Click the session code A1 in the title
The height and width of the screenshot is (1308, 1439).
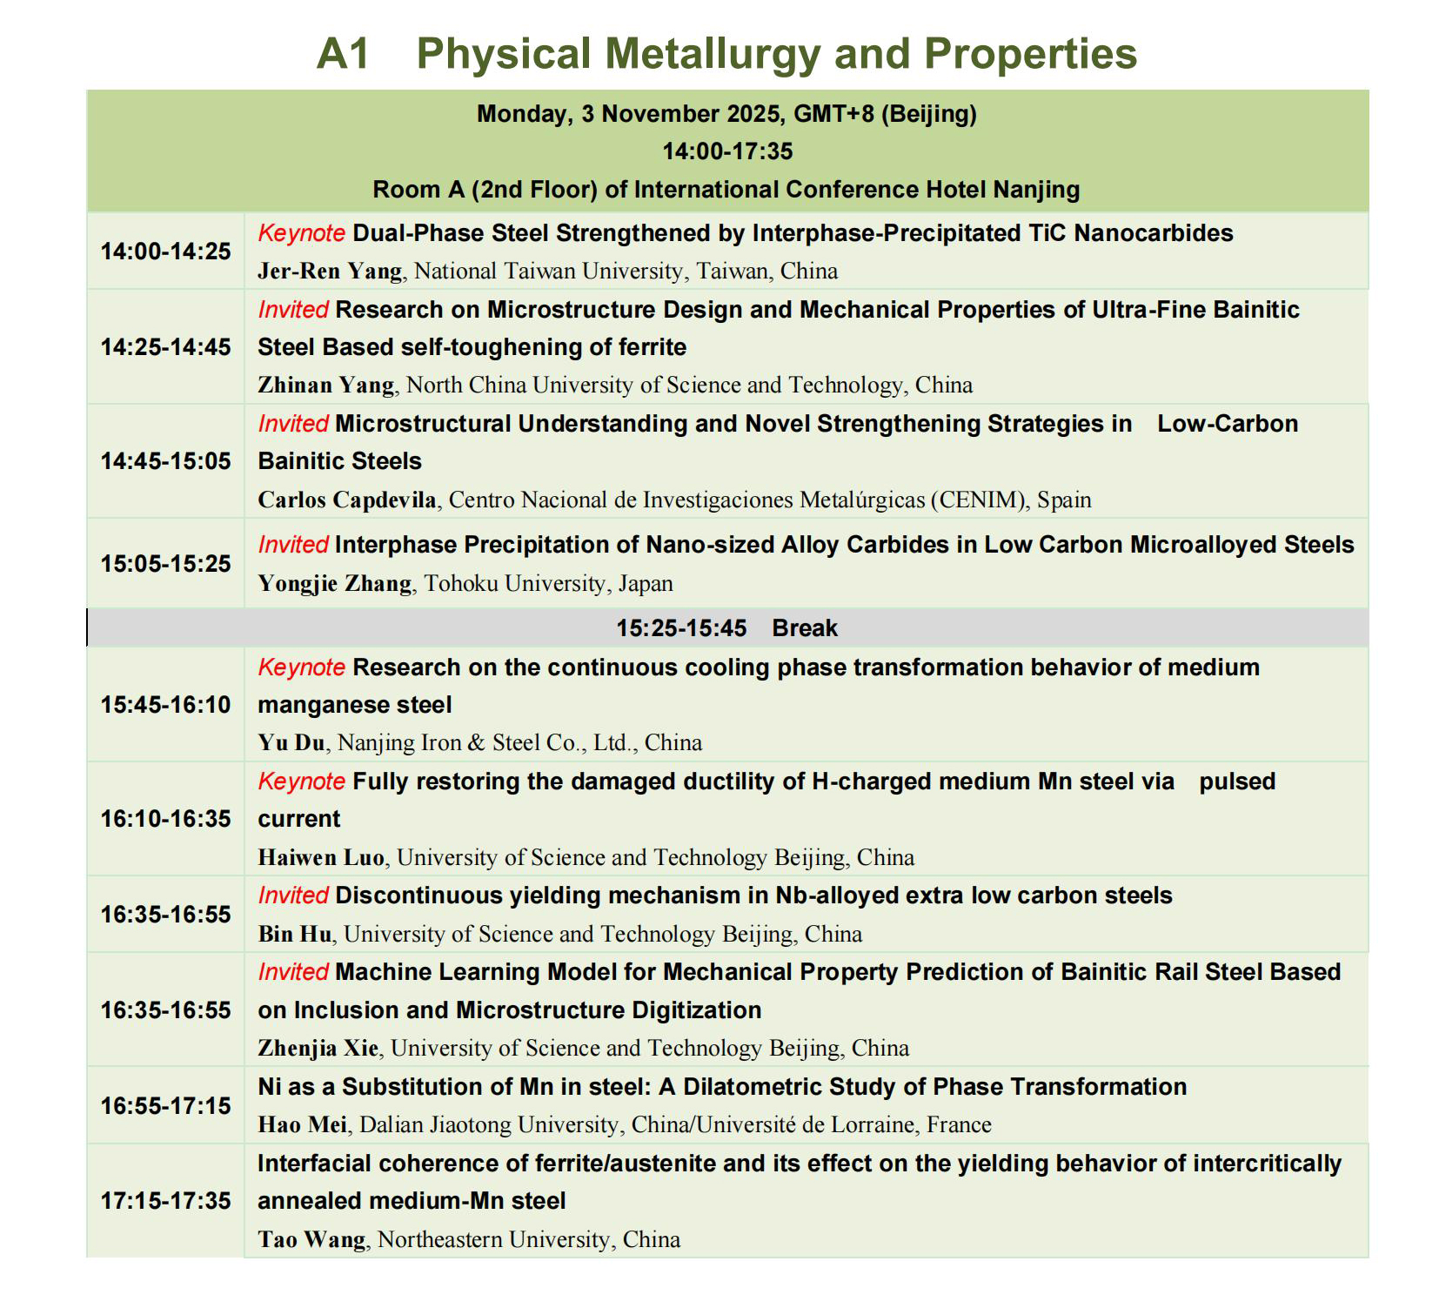(343, 54)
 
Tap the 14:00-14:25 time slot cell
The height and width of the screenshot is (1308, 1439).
(165, 252)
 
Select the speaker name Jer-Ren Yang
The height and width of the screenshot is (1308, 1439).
(330, 272)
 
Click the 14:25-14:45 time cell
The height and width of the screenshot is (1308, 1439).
(165, 347)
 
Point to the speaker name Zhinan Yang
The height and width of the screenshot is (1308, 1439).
(326, 386)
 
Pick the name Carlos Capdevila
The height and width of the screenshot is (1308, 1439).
(347, 500)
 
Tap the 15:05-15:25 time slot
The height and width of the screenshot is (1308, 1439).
(165, 564)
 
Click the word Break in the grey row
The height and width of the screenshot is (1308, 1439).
(805, 628)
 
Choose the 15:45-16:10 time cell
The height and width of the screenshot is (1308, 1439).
(165, 705)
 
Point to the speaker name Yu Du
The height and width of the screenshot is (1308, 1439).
(291, 743)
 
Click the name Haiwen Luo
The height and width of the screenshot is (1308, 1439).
(321, 858)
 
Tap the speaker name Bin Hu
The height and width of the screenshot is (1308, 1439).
(295, 935)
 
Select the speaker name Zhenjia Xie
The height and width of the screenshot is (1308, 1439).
(318, 1049)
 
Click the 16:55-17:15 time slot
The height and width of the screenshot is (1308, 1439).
(165, 1106)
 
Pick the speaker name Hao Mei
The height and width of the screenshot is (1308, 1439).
(303, 1125)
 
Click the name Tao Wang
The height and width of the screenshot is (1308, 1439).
(311, 1240)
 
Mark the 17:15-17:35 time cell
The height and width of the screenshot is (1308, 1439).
(165, 1201)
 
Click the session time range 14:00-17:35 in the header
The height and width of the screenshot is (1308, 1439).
(727, 152)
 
